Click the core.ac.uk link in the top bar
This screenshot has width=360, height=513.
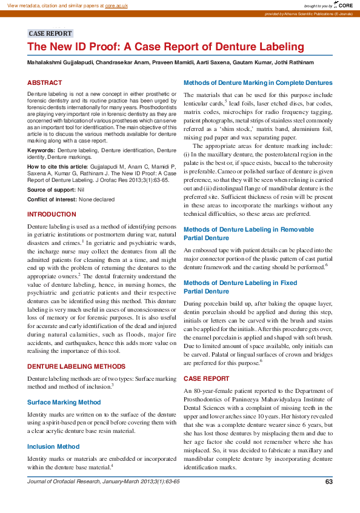pos(118,5)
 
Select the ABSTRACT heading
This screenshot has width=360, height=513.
pos(44,82)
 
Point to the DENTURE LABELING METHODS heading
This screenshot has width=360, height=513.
pos(76,366)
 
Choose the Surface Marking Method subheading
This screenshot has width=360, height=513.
pos(64,402)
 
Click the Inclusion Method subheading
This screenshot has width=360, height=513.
pos(53,446)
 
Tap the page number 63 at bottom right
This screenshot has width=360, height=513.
pos(329,481)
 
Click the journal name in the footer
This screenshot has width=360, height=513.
pos(103,481)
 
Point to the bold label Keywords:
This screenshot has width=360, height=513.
pos(41,149)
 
